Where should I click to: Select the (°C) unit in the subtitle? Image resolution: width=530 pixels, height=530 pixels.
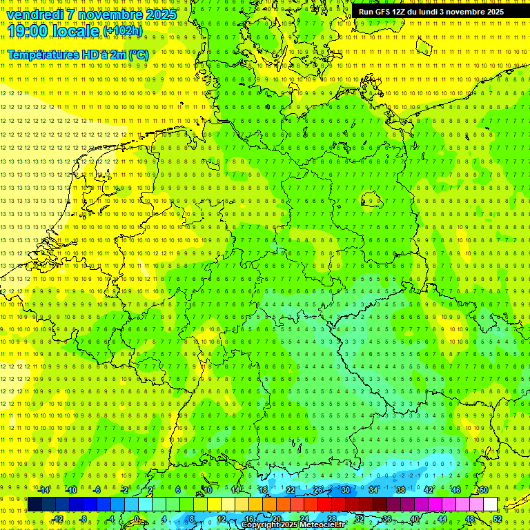[137, 55]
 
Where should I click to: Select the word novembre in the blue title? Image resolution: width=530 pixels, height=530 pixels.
[110, 14]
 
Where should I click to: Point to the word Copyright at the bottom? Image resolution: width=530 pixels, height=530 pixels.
[259, 525]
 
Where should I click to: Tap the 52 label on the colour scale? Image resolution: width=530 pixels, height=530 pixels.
[498, 519]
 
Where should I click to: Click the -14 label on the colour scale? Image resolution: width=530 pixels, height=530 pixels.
[44, 490]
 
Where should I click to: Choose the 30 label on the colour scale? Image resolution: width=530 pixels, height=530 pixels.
[346, 490]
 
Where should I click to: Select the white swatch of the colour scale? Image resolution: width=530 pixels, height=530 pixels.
[491, 504]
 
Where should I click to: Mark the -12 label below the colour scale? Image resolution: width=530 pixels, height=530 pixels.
[58, 519]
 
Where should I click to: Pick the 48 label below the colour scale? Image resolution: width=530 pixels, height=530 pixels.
[470, 519]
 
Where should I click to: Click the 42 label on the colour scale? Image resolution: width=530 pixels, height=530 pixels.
[429, 490]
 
